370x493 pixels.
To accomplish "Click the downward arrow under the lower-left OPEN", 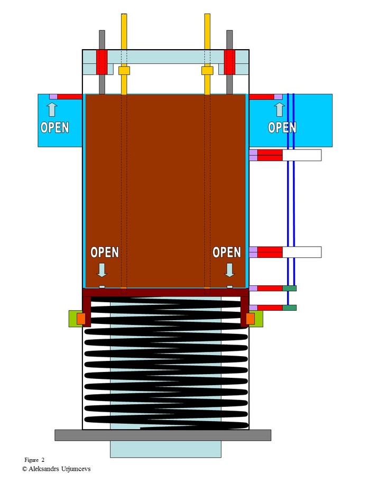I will [x=102, y=270].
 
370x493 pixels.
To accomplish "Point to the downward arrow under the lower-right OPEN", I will [x=229, y=270].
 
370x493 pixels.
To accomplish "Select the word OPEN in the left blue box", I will [x=54, y=127].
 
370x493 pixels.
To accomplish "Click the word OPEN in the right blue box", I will [x=282, y=127].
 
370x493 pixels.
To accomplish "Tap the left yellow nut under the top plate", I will [x=124, y=70].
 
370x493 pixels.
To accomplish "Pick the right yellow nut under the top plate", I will [x=207, y=70].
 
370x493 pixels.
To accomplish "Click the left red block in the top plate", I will [x=101, y=62].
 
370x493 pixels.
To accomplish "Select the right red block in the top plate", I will [x=230, y=62].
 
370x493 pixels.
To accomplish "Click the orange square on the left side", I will [x=81, y=318].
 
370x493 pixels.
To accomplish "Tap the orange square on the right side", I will [x=251, y=318].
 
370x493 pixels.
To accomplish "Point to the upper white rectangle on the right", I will [x=302, y=155].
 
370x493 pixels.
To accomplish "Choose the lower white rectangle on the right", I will [x=302, y=252].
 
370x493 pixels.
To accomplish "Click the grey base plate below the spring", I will [x=163, y=435].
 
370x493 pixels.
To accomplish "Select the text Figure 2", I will [x=34, y=460].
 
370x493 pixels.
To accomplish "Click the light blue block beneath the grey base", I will [x=165, y=449].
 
